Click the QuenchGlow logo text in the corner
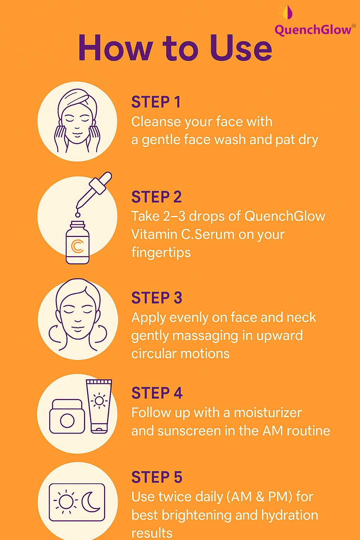[x=313, y=30]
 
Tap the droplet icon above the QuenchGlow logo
[x=288, y=12]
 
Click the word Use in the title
[x=241, y=48]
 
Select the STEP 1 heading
[x=156, y=102]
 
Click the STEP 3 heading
[x=157, y=298]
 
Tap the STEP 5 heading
[x=157, y=477]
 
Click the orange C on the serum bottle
[x=77, y=246]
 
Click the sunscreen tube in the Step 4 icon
[x=99, y=406]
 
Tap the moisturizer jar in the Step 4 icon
[x=67, y=417]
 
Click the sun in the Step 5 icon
[x=65, y=502]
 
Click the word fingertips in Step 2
[x=161, y=252]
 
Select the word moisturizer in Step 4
[x=268, y=412]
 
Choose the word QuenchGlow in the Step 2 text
[x=285, y=216]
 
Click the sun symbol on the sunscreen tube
[x=99, y=400]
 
